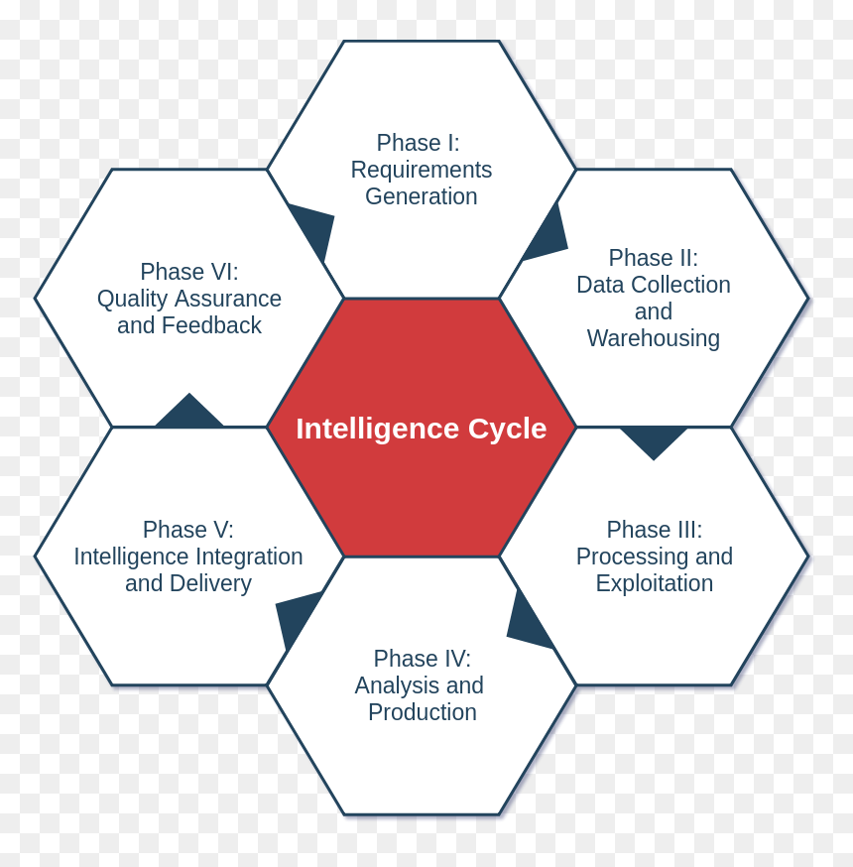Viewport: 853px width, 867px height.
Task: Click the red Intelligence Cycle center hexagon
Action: (x=422, y=427)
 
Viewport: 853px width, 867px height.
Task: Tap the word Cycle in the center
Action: (x=507, y=430)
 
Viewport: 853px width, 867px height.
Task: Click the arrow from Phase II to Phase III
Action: (x=654, y=442)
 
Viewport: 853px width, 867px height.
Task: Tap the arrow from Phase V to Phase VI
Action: (x=189, y=412)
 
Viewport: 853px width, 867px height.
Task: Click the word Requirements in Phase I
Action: (x=422, y=170)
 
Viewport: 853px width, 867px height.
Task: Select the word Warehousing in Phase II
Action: (x=654, y=338)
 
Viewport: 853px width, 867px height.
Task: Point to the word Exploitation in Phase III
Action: (x=655, y=583)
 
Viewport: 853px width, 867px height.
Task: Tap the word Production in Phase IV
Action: (x=423, y=712)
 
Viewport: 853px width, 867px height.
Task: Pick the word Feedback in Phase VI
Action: (x=211, y=325)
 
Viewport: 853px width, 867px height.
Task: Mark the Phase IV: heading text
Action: (x=422, y=659)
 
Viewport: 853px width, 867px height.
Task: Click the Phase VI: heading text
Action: (x=189, y=272)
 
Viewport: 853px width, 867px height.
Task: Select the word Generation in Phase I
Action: (x=422, y=196)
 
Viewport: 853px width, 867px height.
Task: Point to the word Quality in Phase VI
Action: (x=132, y=300)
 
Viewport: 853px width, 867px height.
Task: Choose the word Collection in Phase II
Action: (x=681, y=285)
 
